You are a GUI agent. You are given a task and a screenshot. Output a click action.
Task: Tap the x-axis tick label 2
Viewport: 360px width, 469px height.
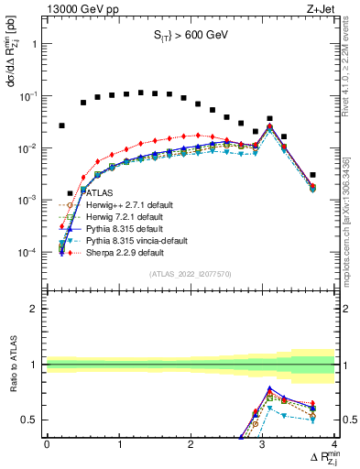point(191,443)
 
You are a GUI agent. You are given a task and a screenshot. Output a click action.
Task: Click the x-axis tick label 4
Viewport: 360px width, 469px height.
point(334,443)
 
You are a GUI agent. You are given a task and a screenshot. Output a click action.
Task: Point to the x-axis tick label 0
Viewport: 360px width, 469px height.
point(47,443)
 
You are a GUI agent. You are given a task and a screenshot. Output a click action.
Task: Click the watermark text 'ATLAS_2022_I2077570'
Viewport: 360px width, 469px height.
point(191,274)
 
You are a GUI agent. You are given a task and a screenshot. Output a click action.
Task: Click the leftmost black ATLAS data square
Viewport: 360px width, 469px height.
point(62,125)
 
